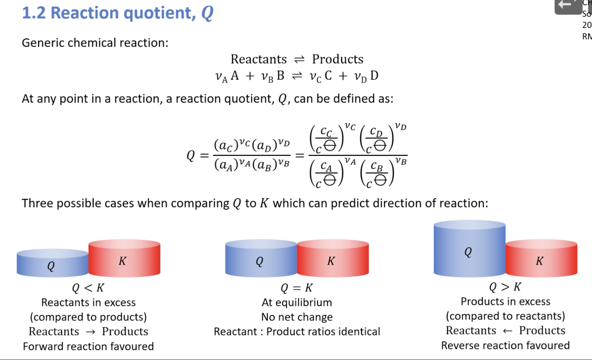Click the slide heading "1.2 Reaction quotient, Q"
pyautogui.click(x=118, y=13)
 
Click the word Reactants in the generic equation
pyautogui.click(x=259, y=59)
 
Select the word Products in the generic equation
pyautogui.click(x=338, y=59)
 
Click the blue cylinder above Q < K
pyautogui.click(x=52, y=264)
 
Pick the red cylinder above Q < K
pyautogui.click(x=124, y=260)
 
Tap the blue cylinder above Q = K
pyautogui.click(x=261, y=260)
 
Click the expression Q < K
pyautogui.click(x=88, y=288)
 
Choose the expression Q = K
pyautogui.click(x=296, y=288)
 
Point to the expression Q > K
pyautogui.click(x=505, y=287)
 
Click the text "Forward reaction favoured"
pyautogui.click(x=88, y=346)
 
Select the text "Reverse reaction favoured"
pyautogui.click(x=505, y=345)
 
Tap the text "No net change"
pyautogui.click(x=296, y=317)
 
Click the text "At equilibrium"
pyautogui.click(x=296, y=302)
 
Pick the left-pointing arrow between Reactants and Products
pyautogui.click(x=508, y=331)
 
